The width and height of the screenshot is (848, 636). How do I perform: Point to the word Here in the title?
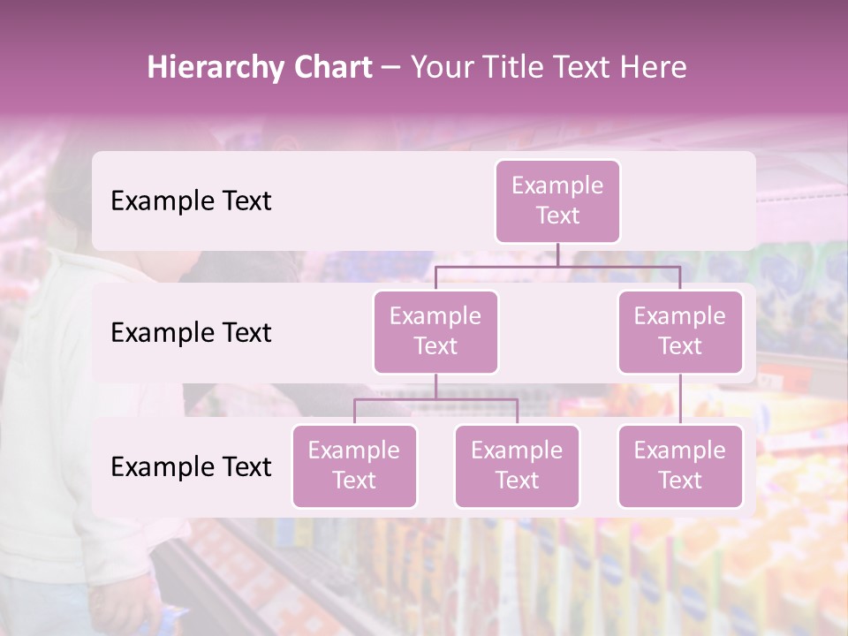[x=654, y=68]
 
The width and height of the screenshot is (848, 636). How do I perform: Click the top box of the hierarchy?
[x=557, y=201]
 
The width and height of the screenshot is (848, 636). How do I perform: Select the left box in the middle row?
[x=435, y=331]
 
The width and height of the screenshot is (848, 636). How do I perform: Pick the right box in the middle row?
[x=680, y=331]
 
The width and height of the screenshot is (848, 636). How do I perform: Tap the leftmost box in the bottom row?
[x=354, y=466]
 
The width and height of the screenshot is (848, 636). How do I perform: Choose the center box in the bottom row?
[x=517, y=466]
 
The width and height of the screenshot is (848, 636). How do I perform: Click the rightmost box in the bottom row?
[x=680, y=466]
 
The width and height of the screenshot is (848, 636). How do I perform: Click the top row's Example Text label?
[x=191, y=201]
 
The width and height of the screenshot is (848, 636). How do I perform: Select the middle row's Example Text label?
[x=191, y=332]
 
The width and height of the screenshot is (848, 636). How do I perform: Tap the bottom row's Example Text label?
[x=191, y=466]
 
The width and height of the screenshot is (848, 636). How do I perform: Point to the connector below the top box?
[x=557, y=254]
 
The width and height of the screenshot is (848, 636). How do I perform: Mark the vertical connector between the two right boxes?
[x=680, y=399]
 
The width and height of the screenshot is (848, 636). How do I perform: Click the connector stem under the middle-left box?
[x=435, y=386]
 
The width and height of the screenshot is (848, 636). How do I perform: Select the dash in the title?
[x=390, y=68]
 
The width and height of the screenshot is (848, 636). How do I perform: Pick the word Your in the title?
[x=440, y=68]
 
